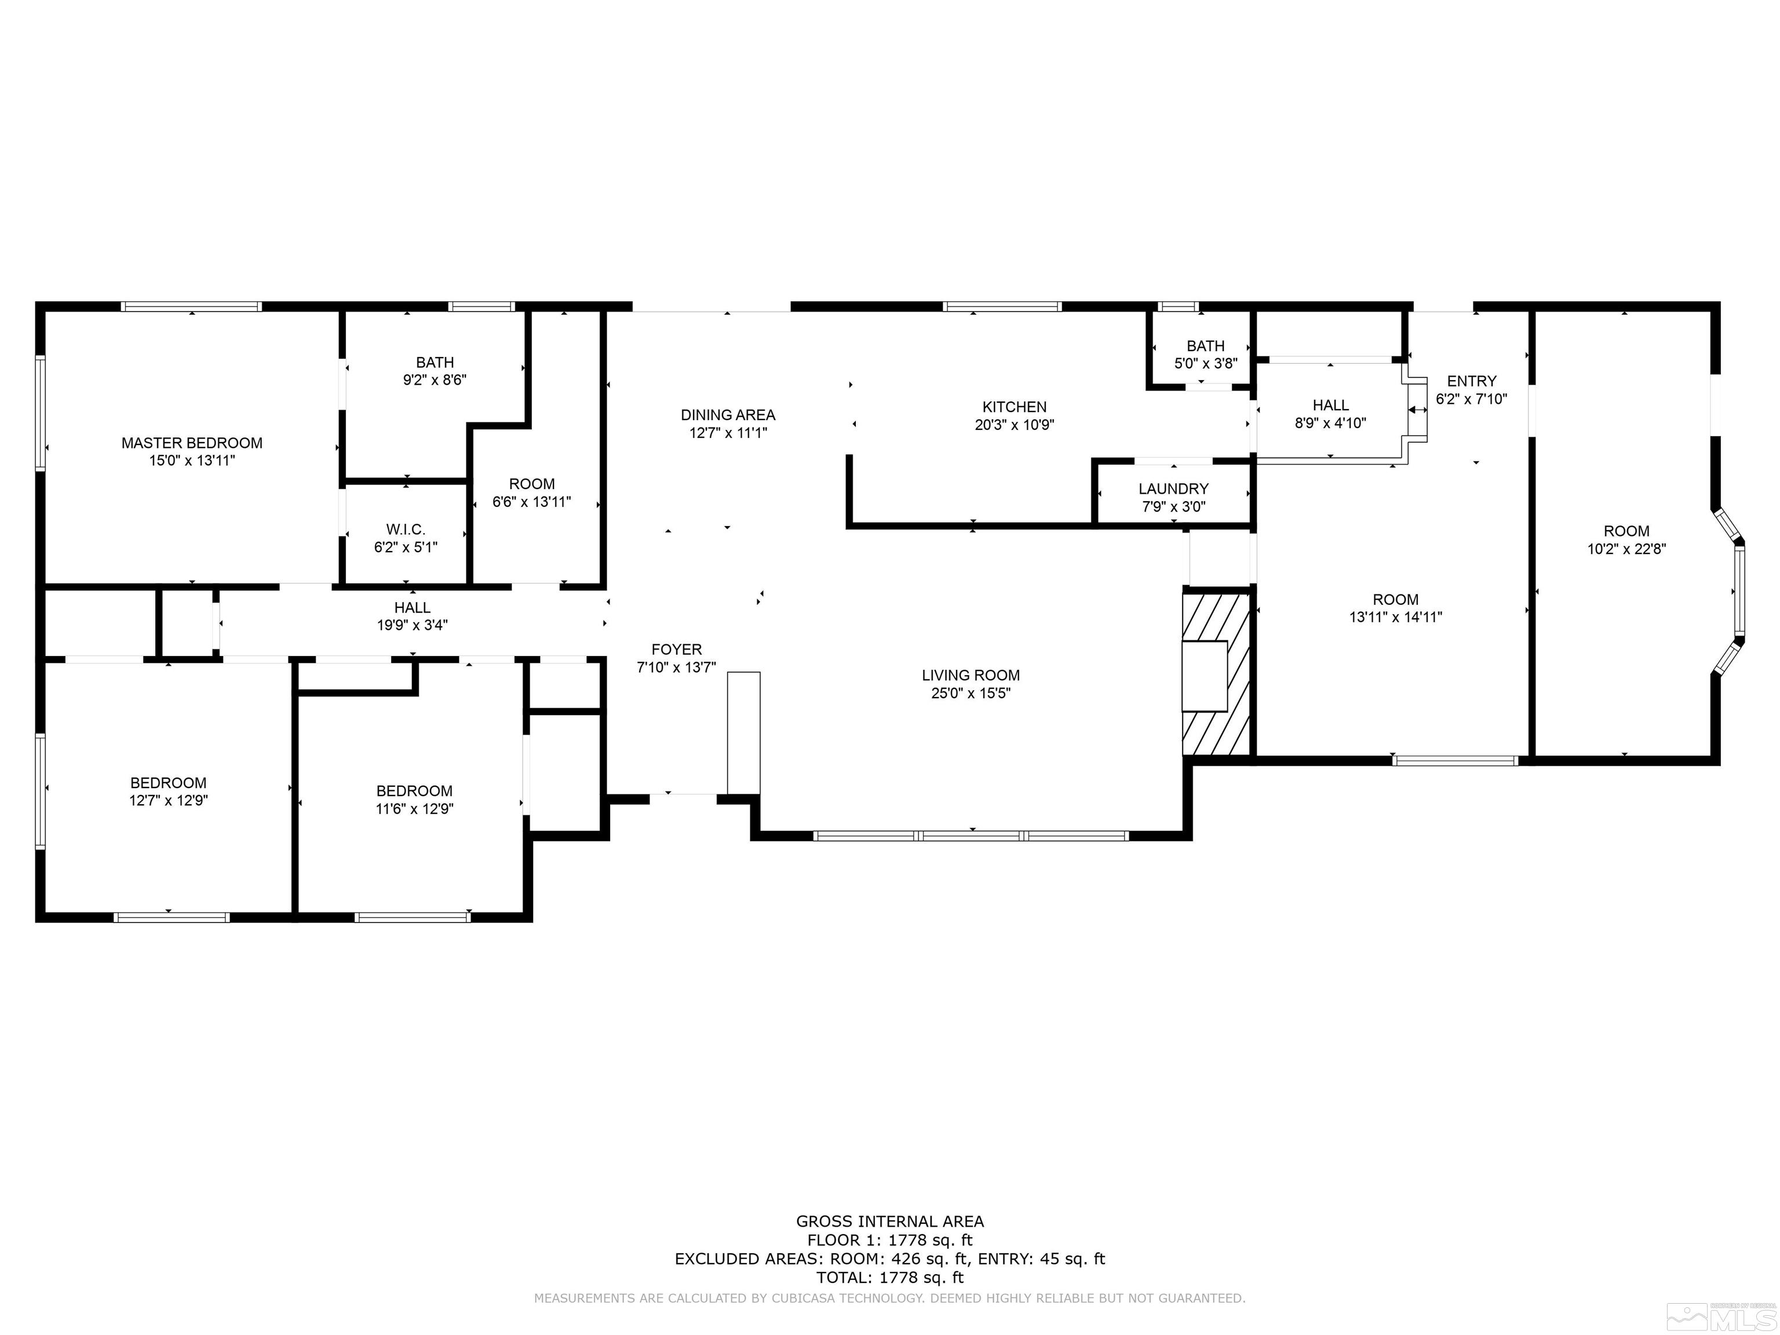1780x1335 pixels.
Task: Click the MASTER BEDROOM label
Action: (x=192, y=443)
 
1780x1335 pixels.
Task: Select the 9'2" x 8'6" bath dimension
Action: (x=435, y=380)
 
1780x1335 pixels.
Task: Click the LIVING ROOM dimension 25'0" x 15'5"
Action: (x=971, y=693)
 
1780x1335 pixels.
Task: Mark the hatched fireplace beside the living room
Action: (x=1215, y=674)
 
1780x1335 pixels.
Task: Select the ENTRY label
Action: (x=1471, y=381)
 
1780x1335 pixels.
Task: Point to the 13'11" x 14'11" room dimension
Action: (x=1395, y=617)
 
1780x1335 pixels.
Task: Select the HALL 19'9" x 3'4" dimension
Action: (x=412, y=625)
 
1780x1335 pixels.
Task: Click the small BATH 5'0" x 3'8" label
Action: (x=1205, y=346)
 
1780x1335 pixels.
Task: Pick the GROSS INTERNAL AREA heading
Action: (x=889, y=1221)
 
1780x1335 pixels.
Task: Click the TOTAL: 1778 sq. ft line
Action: (x=889, y=1277)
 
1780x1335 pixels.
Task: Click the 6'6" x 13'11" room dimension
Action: (x=531, y=501)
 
